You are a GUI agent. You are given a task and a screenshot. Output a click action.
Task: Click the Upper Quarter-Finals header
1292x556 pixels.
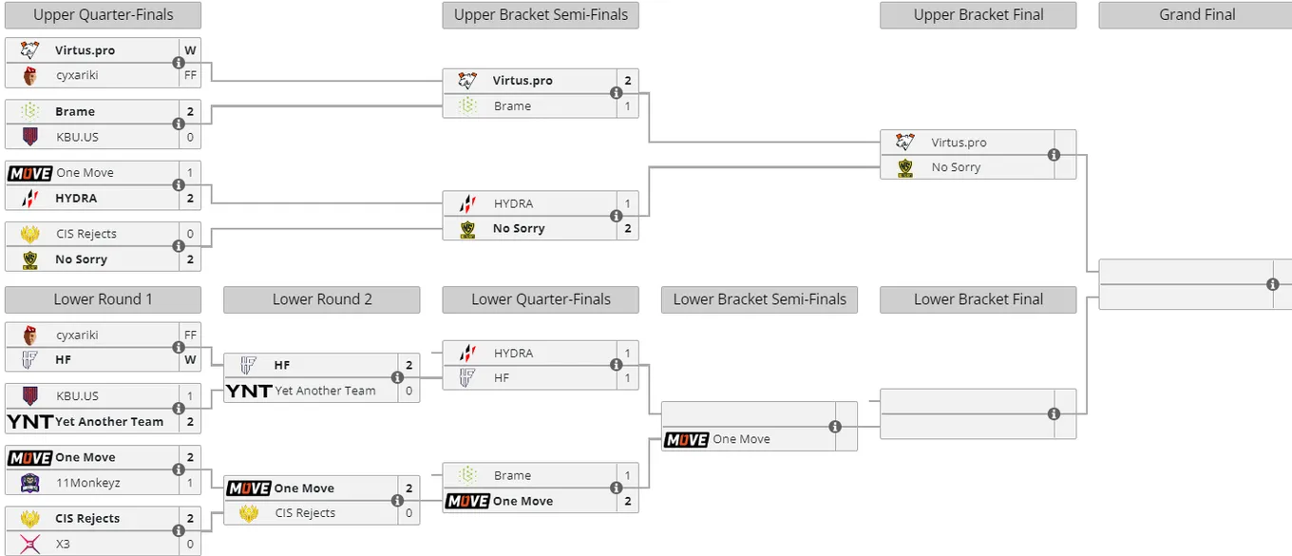(104, 15)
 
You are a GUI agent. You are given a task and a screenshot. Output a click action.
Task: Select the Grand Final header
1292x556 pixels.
(1197, 15)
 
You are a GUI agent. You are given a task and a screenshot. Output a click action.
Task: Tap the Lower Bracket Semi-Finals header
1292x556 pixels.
(760, 299)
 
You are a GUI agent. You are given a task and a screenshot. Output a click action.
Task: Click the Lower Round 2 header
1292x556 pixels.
(322, 299)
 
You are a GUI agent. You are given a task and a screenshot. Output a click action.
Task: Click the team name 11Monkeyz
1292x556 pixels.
(87, 483)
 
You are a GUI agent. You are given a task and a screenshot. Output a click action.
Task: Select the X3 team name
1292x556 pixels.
(63, 544)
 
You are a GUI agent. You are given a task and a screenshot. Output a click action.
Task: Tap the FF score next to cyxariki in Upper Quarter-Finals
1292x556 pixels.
(190, 75)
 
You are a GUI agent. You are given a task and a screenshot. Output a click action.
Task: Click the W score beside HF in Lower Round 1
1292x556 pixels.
(190, 360)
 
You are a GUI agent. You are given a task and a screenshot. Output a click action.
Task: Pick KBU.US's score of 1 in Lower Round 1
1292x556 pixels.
(190, 395)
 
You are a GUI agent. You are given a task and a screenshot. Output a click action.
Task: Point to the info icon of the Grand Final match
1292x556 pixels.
(1272, 284)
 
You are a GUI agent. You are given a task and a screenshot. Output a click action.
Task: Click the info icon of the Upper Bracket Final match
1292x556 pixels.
(1054, 155)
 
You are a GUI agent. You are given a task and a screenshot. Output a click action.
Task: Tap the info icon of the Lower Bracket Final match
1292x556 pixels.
(1054, 413)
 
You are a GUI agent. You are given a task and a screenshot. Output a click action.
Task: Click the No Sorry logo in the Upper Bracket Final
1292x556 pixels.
(905, 168)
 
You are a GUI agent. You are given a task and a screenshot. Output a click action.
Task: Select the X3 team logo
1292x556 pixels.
(30, 544)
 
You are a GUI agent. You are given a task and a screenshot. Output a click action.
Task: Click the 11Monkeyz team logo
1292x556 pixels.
(30, 483)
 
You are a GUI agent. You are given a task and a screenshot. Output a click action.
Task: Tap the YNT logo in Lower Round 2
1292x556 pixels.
(249, 391)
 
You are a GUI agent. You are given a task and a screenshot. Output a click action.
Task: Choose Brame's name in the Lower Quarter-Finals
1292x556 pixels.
(512, 475)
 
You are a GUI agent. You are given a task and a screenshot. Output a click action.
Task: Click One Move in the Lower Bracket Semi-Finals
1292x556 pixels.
(741, 439)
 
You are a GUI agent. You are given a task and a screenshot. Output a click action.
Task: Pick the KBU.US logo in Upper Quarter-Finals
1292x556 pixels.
(30, 137)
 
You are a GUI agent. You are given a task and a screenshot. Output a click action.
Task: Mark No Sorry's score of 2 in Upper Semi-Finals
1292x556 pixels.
(628, 228)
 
